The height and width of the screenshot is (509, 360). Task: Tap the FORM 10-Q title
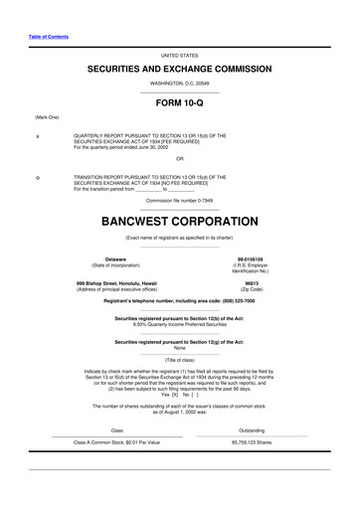pyautogui.click(x=179, y=102)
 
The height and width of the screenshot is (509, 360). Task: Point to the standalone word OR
pyautogui.click(x=179, y=158)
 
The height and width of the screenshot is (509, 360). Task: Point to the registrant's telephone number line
pyautogui.click(x=179, y=301)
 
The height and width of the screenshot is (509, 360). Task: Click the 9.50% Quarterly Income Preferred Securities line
pyautogui.click(x=179, y=324)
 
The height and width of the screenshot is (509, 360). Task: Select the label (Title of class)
pyautogui.click(x=179, y=358)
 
